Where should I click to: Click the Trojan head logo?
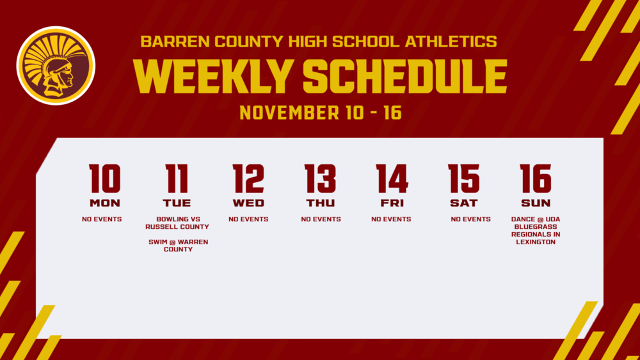[x=56, y=66]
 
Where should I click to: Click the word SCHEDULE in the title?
[x=404, y=79]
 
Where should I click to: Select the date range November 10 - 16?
[x=320, y=113]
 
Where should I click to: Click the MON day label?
[x=104, y=203]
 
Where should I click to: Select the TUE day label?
[x=177, y=203]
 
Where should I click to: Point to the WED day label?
[x=248, y=203]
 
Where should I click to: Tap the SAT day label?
[x=463, y=203]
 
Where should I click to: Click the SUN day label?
[x=535, y=203]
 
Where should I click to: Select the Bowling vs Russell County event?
[x=177, y=223]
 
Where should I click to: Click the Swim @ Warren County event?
[x=177, y=246]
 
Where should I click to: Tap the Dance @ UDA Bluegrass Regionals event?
[x=535, y=230]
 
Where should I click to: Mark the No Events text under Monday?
[x=102, y=219]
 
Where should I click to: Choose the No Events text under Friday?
[x=391, y=219]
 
